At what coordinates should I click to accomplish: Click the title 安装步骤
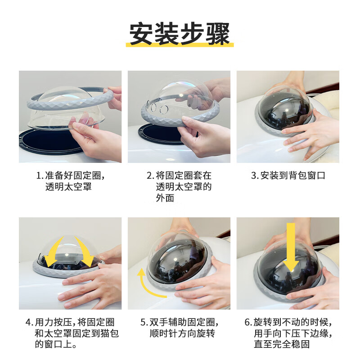coord(180,33)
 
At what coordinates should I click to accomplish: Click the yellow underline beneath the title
coord(180,45)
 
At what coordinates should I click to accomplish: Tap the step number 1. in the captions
coord(40,176)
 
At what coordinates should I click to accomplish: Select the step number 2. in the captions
coord(150,176)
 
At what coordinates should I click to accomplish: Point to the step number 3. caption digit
coord(255,176)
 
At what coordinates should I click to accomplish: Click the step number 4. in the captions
coord(29,322)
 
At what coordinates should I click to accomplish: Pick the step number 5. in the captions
coord(144,322)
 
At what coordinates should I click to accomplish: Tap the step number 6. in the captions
coord(248,322)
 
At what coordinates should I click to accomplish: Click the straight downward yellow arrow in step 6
coord(291,247)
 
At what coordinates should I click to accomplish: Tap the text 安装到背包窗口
coord(293,176)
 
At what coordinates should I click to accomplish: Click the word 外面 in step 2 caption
coord(165,198)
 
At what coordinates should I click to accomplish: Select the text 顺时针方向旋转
coord(182,333)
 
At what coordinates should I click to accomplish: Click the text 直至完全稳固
coord(282,344)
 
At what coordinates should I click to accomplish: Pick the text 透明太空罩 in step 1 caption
coord(69,187)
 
